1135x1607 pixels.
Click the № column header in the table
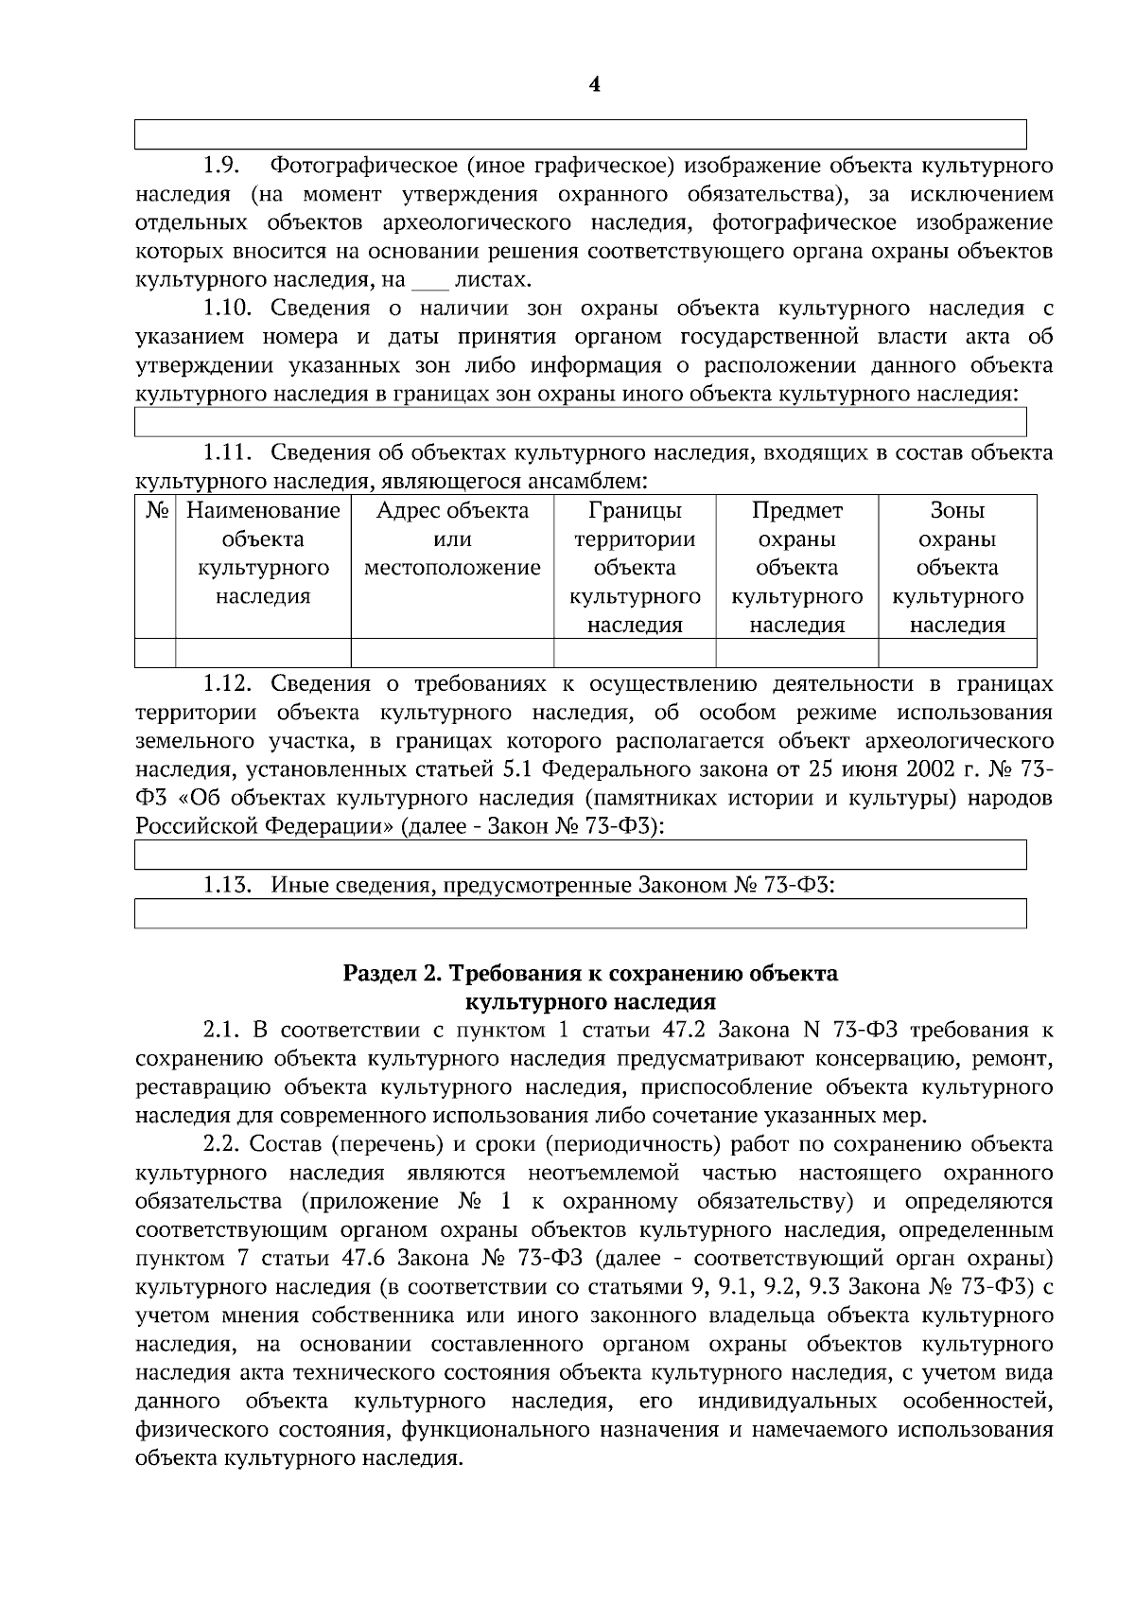pyautogui.click(x=156, y=511)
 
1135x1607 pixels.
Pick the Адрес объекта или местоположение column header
pyautogui.click(x=452, y=539)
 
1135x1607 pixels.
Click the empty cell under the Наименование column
pyautogui.click(x=263, y=653)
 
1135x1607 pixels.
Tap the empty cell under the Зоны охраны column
pyautogui.click(x=957, y=653)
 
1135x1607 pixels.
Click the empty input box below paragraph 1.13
pyautogui.click(x=580, y=914)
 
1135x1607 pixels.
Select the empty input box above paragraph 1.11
pyautogui.click(x=580, y=422)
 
